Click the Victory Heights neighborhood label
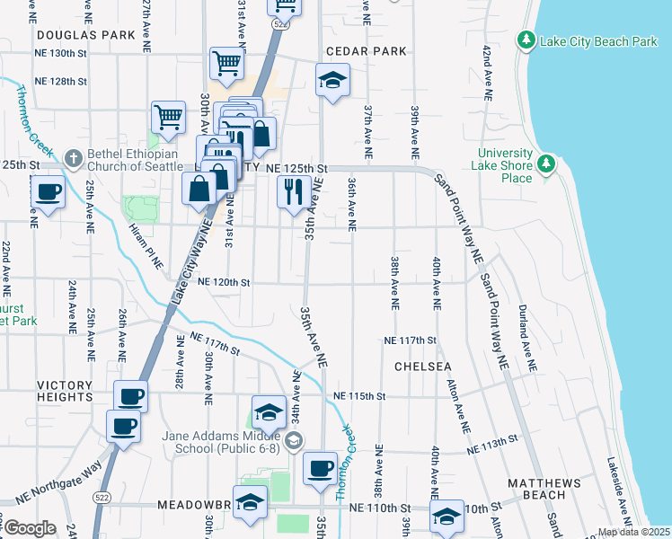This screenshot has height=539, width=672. coord(64,391)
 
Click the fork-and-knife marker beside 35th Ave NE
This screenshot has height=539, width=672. coord(293,191)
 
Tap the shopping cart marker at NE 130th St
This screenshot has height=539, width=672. coord(226,63)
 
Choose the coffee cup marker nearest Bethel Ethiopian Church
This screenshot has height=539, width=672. coord(48,191)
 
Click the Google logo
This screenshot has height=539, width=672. coord(30,528)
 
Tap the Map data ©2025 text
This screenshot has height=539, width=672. coord(633,532)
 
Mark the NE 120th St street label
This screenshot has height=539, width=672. coord(223,282)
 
